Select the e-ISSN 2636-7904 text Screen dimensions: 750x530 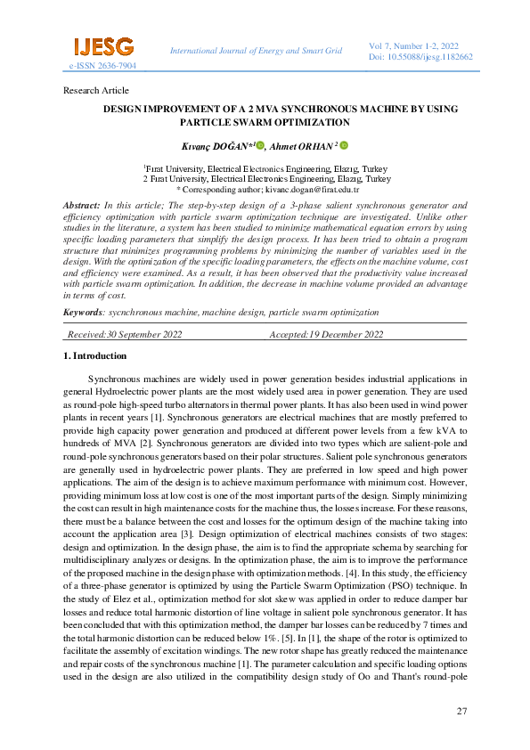click(x=102, y=66)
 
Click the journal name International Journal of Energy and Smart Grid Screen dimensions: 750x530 click(x=256, y=51)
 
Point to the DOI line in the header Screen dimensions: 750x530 click(x=420, y=56)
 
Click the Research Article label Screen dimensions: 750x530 click(x=96, y=91)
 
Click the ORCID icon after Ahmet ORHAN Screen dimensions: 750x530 click(x=343, y=144)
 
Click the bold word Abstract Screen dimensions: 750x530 click(x=81, y=205)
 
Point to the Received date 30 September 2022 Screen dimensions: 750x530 click(x=126, y=334)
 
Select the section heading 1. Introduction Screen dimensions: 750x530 click(x=95, y=356)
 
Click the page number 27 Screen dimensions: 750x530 click(x=461, y=711)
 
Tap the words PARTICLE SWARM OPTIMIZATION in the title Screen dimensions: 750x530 click(x=265, y=122)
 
